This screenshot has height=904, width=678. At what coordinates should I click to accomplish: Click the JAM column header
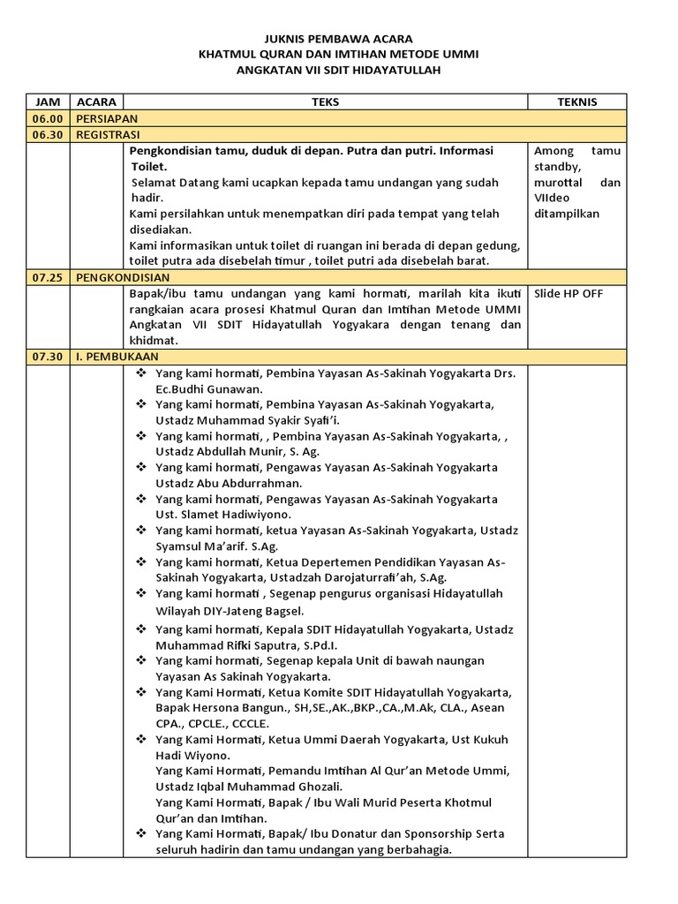click(48, 102)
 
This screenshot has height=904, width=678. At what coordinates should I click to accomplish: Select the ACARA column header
click(96, 102)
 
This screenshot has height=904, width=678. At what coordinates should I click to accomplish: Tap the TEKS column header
click(325, 102)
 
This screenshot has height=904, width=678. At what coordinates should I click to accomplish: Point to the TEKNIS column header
click(576, 102)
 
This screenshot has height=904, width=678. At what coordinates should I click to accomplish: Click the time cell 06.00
click(48, 118)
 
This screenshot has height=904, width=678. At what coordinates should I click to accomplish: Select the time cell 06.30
click(48, 134)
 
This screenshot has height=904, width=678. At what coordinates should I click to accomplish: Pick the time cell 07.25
click(48, 277)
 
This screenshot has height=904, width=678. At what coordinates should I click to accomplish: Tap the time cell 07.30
click(48, 357)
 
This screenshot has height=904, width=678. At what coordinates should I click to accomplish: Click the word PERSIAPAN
click(106, 118)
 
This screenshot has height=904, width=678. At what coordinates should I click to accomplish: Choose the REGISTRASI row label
click(109, 134)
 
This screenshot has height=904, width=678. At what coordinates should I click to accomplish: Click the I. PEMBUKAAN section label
click(117, 357)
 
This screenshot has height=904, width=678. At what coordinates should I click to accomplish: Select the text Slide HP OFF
click(569, 293)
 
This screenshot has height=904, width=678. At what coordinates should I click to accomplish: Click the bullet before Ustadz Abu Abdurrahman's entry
click(141, 467)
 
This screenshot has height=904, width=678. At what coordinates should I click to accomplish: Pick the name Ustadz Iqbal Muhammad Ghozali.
click(249, 787)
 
